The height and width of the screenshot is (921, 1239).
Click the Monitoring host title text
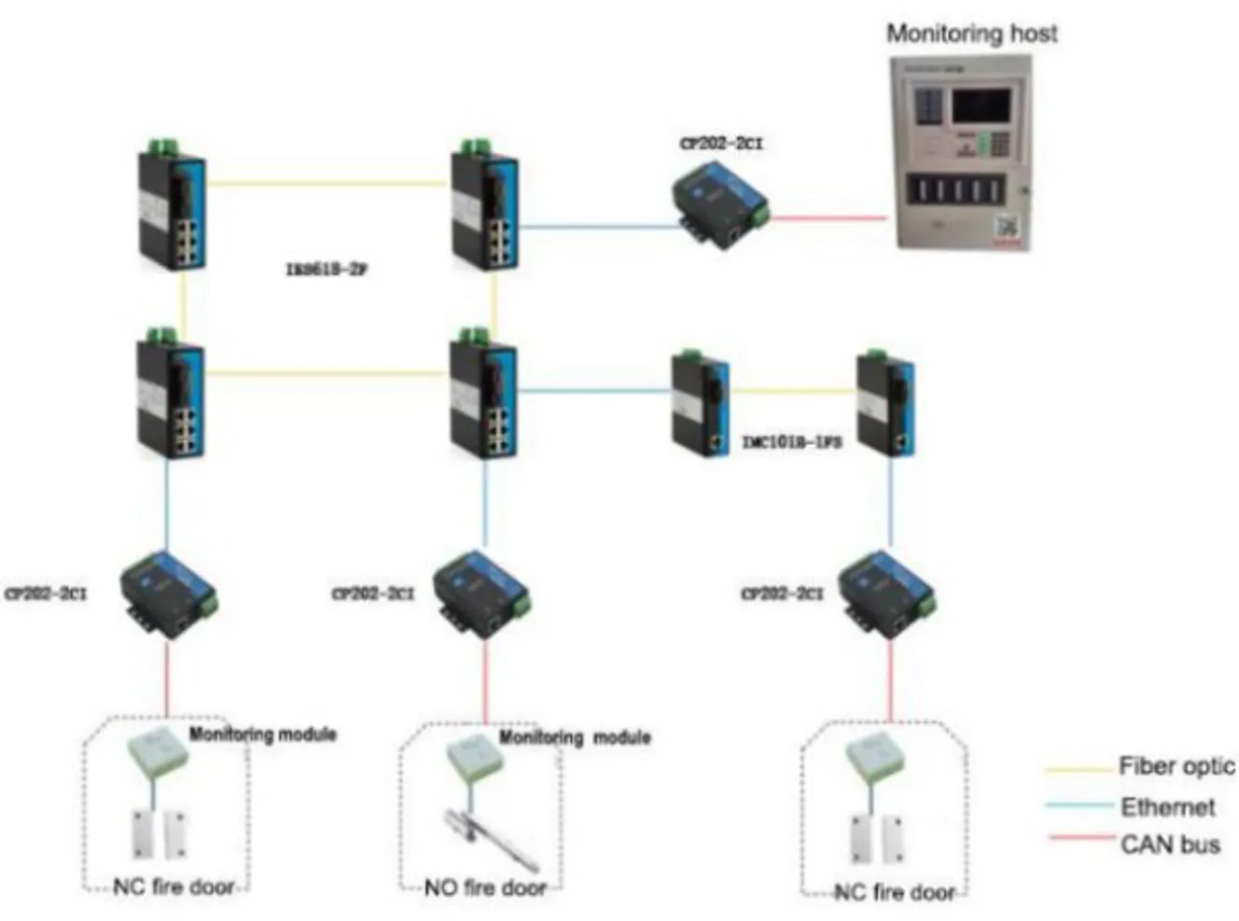pyautogui.click(x=971, y=34)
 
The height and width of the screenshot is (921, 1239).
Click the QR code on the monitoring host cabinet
pyautogui.click(x=1006, y=227)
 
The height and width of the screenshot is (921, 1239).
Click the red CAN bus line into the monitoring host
pyautogui.click(x=828, y=218)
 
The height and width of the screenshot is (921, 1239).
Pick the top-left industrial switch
pyautogui.click(x=173, y=207)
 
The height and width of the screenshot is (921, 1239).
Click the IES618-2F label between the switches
pyautogui.click(x=326, y=270)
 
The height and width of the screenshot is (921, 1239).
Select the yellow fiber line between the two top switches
pyautogui.click(x=327, y=183)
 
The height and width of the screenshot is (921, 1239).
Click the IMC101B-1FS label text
pyautogui.click(x=791, y=441)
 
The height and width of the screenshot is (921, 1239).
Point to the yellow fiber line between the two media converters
pyautogui.click(x=793, y=391)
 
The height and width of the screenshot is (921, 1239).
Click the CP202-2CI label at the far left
pyautogui.click(x=46, y=593)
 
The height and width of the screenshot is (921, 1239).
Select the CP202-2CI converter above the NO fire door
pyautogui.click(x=481, y=594)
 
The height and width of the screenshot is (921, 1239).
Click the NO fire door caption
pyautogui.click(x=484, y=887)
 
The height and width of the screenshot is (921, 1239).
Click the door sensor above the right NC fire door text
pyautogui.click(x=877, y=837)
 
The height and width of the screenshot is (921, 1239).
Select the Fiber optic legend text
pyautogui.click(x=1176, y=767)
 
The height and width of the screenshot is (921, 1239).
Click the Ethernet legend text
pyautogui.click(x=1167, y=806)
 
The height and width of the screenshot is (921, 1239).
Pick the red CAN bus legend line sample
pyautogui.click(x=1080, y=837)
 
